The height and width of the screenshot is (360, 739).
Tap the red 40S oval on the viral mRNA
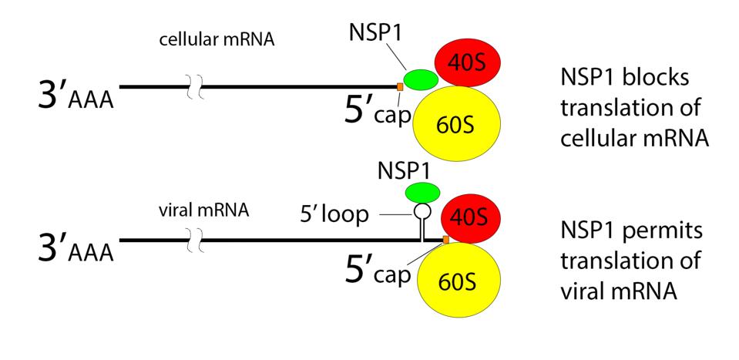tap(469, 219)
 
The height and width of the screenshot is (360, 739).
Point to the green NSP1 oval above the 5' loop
tap(422, 192)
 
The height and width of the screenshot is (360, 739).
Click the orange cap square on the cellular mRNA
tap(400, 86)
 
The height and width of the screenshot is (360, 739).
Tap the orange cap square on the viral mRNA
tap(445, 241)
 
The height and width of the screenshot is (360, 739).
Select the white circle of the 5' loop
tap(422, 211)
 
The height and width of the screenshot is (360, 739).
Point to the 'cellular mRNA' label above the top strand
tap(217, 39)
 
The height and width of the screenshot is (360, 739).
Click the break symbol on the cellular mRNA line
tap(196, 86)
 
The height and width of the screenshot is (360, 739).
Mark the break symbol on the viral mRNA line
tap(196, 241)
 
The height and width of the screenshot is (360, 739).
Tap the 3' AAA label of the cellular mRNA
tap(76, 94)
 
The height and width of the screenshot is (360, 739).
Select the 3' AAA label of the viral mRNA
tap(76, 248)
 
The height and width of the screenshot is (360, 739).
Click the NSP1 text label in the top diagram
tap(372, 33)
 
